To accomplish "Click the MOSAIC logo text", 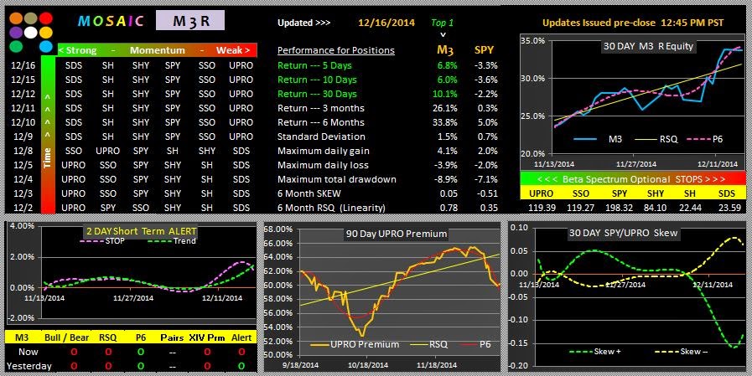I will click(109, 21).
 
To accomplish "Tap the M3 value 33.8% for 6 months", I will click(447, 122).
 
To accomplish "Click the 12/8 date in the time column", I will click(23, 151).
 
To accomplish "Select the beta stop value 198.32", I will click(620, 207).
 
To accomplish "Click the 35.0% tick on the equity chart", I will click(533, 40).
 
